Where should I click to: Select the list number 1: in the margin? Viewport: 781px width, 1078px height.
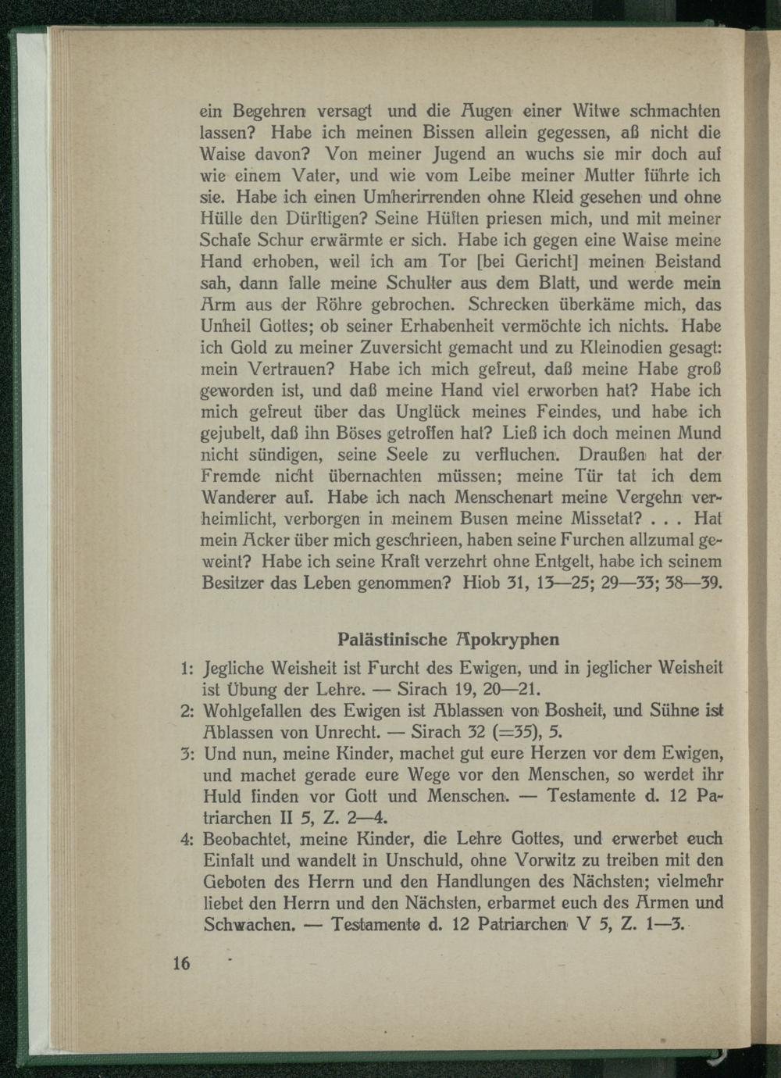186,669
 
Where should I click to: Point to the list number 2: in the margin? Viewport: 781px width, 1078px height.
186,712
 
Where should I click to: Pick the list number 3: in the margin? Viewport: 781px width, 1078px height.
186,755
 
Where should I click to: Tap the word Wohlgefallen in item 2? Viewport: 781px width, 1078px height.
252,712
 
